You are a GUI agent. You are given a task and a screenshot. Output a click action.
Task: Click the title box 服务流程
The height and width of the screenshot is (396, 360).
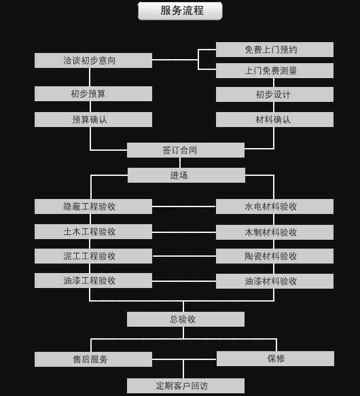(x=180, y=11)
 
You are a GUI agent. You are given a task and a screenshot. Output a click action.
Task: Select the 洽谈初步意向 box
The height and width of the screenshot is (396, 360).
(x=93, y=60)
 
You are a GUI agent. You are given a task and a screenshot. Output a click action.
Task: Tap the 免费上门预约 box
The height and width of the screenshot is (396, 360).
(x=274, y=50)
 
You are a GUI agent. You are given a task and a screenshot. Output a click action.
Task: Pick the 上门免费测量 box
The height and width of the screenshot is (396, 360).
(x=274, y=71)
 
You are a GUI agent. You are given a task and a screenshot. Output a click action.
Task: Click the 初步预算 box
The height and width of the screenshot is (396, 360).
(x=93, y=94)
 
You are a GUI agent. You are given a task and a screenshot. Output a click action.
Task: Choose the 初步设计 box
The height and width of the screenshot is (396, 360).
(x=274, y=94)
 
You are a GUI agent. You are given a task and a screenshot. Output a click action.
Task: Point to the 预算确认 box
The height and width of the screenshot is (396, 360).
(x=93, y=120)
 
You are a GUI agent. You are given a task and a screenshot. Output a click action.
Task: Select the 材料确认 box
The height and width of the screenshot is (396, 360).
(x=274, y=120)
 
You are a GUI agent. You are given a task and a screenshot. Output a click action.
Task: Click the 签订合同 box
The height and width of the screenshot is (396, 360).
(x=185, y=150)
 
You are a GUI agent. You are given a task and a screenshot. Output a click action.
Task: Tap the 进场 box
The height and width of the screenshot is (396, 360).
(x=186, y=175)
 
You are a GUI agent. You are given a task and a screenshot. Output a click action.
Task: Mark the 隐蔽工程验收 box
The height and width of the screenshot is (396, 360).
(x=93, y=206)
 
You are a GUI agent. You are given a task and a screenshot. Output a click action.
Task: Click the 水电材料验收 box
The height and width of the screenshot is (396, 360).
(x=274, y=206)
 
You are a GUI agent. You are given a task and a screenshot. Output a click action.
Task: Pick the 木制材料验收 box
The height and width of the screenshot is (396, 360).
(x=274, y=232)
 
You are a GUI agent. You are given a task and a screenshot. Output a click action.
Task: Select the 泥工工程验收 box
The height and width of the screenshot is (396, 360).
(x=93, y=256)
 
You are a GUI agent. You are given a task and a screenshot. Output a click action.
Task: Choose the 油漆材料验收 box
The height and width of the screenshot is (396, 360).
(x=274, y=281)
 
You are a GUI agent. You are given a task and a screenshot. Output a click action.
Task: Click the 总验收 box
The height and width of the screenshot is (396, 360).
(x=185, y=319)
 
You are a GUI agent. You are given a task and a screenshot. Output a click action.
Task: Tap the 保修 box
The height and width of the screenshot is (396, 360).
(x=275, y=359)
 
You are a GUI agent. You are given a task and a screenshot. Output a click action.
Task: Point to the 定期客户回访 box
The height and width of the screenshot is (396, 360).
(x=185, y=386)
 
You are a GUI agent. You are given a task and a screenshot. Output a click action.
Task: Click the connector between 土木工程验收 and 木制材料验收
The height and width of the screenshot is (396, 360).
(x=184, y=232)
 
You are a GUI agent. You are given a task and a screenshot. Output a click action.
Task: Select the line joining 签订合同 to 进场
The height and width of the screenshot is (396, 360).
(x=180, y=162)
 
